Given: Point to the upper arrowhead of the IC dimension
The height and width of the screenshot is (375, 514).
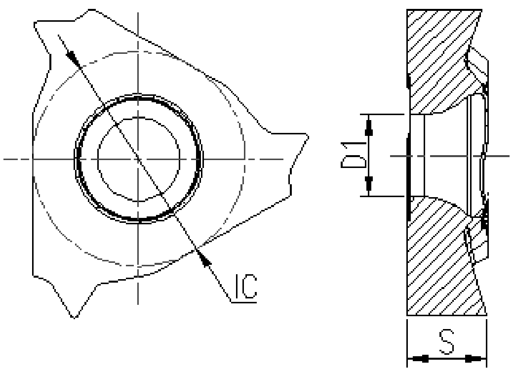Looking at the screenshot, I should [73, 58].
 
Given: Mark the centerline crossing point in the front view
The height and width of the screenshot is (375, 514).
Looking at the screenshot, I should [138, 159].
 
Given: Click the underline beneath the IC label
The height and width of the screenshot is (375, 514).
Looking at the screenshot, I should [244, 300].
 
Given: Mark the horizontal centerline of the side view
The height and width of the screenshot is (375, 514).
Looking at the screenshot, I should [499, 156].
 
